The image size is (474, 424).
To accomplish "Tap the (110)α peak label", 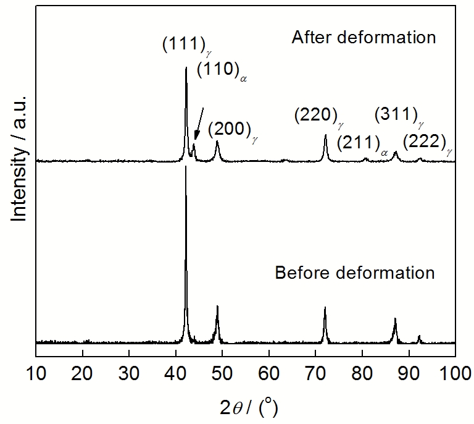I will (x=222, y=70).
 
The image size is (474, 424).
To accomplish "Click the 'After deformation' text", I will (x=364, y=38).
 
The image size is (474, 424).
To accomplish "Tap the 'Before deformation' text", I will (x=355, y=273).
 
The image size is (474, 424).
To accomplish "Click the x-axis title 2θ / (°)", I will (x=245, y=407).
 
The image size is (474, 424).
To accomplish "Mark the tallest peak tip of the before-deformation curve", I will (x=186, y=167).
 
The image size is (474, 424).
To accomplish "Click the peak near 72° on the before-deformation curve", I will (x=325, y=308).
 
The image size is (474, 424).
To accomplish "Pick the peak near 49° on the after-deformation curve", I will (x=217, y=142).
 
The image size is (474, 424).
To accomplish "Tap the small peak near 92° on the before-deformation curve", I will (x=419, y=336).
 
